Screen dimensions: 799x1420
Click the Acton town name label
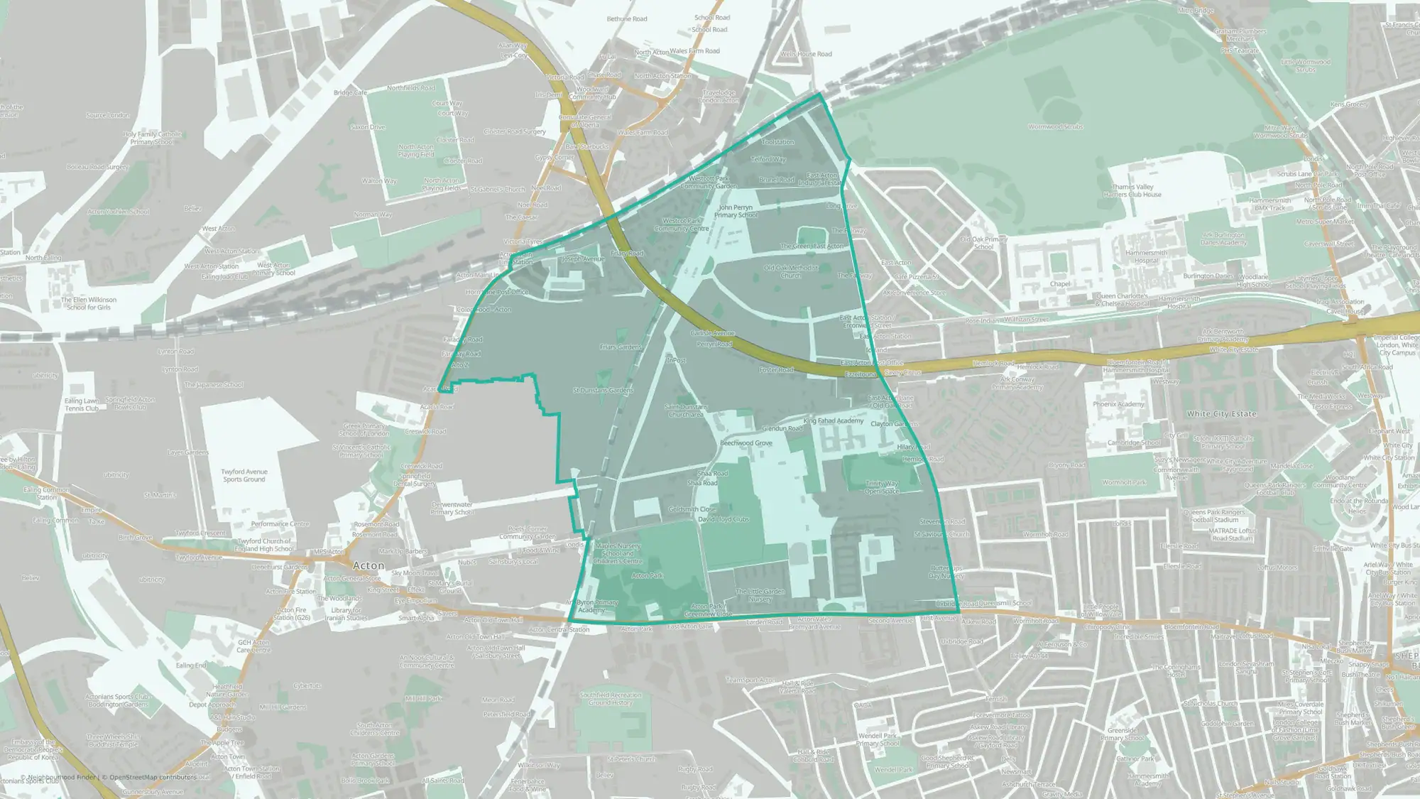coord(368,565)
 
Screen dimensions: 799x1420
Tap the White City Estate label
coord(1221,413)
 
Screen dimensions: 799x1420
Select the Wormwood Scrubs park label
coord(1055,127)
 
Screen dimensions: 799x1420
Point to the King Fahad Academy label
coord(834,420)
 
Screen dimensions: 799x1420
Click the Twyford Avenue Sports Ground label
coord(244,475)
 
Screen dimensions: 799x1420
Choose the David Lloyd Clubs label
coord(723,519)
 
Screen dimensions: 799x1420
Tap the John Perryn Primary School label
coord(736,211)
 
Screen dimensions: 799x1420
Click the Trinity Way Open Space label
coord(882,487)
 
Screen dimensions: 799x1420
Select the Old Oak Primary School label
coord(983,243)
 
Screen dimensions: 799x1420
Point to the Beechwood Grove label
coord(745,442)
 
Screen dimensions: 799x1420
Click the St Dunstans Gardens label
coord(603,390)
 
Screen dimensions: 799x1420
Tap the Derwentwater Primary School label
coord(452,509)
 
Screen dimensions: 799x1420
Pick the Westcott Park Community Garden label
coord(708,183)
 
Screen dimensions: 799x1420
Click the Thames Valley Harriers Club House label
coord(1133,190)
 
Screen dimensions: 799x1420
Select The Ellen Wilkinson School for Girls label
coord(89,303)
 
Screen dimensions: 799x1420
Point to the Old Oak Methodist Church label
coord(791,271)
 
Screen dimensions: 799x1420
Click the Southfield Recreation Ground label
coord(610,699)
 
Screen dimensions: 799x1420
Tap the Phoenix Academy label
coord(1118,404)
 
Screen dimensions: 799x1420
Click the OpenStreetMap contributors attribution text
coord(149,777)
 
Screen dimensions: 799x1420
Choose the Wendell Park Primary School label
coord(878,739)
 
